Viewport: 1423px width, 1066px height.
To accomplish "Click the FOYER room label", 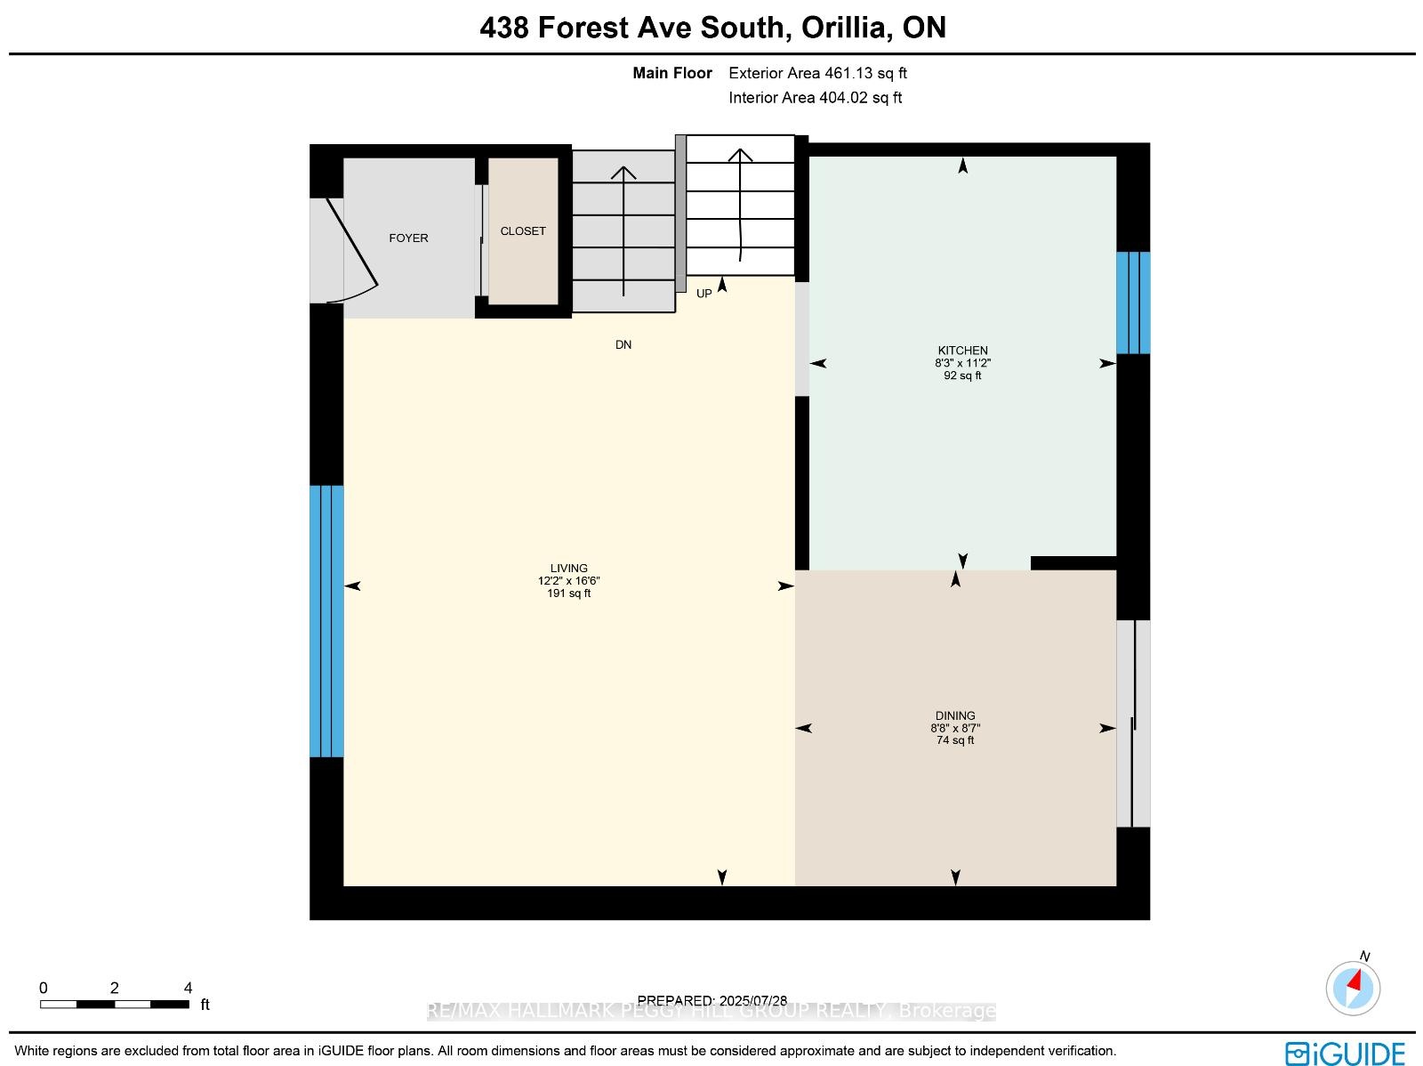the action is (408, 238).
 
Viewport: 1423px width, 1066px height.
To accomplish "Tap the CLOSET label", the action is (523, 230).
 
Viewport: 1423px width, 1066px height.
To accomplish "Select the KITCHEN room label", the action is (962, 351).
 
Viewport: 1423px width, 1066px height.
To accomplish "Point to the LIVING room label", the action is (568, 568).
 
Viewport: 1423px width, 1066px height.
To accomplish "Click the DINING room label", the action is (955, 715).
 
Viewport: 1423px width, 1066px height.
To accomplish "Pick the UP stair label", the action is (704, 294).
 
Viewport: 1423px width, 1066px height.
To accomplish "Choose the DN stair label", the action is (623, 345).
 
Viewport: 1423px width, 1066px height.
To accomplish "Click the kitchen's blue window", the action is (1132, 303).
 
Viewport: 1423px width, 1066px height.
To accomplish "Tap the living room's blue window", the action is (326, 621).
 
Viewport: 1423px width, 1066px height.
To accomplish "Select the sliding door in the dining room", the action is (1132, 723).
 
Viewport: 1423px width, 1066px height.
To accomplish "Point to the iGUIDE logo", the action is (1346, 1052).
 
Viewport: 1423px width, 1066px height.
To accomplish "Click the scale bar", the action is (115, 1005).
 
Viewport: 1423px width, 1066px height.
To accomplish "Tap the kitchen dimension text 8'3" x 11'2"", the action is (962, 363).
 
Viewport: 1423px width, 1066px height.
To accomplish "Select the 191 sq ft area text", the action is (568, 594).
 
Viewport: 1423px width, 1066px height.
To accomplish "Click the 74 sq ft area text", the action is (955, 739).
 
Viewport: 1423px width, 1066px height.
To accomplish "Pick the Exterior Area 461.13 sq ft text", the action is (817, 73).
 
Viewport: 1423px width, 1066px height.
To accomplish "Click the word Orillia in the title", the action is (843, 28).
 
